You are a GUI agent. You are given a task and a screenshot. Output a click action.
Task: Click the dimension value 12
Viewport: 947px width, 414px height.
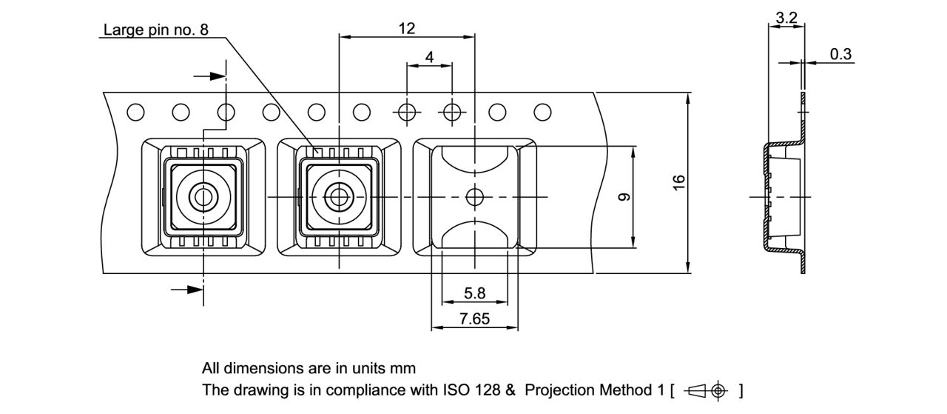tap(407, 29)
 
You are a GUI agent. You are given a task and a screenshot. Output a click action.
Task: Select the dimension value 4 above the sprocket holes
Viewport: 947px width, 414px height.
tap(430, 57)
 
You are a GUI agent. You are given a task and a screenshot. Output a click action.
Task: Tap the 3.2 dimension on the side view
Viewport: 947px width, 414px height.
tap(786, 18)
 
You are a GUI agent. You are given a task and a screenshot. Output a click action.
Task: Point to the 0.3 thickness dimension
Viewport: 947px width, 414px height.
tap(840, 54)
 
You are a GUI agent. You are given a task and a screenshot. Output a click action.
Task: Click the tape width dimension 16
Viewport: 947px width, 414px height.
tap(678, 182)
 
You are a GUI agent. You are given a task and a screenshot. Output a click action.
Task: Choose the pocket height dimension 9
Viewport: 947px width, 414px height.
tap(624, 197)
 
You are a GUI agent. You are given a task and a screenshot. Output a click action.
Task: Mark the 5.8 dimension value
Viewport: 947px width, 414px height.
tap(474, 293)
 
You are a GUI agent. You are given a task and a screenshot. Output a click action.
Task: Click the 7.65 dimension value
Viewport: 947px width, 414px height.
tap(474, 318)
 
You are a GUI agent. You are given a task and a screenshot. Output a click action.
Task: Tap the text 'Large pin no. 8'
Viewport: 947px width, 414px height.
tap(155, 30)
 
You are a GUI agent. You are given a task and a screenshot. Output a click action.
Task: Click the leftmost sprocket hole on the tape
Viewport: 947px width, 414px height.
tap(135, 113)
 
